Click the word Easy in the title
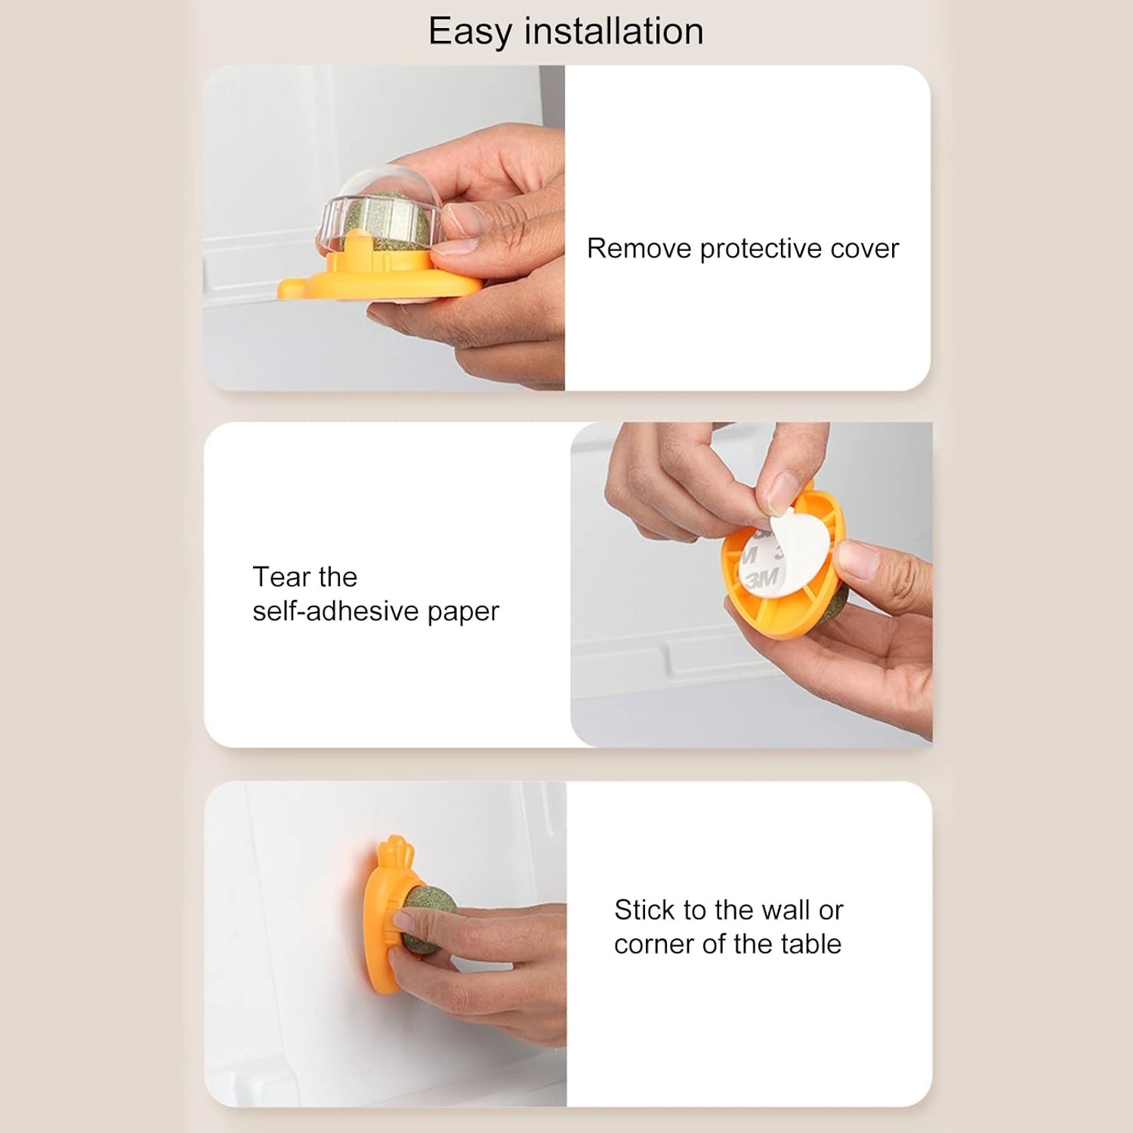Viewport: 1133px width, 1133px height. pos(470,32)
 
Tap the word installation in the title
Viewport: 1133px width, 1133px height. pos(613,32)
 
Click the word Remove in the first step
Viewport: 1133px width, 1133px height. pos(639,249)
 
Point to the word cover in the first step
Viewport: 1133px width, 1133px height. pos(864,249)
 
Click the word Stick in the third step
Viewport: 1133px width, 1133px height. pos(644,910)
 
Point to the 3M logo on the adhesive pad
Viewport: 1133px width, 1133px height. pos(761,579)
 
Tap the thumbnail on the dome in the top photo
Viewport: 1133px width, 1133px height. pos(462,219)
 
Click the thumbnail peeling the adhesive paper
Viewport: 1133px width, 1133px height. pos(782,491)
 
